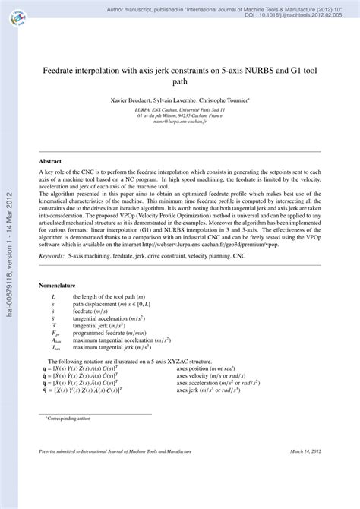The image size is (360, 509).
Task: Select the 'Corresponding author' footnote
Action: pyautogui.click(x=69, y=419)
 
